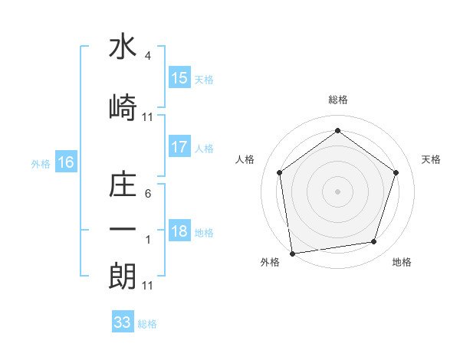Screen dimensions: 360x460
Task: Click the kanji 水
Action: (123, 47)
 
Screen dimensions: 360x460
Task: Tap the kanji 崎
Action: (123, 107)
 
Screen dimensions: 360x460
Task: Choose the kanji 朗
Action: (123, 274)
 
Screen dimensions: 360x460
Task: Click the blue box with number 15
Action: (179, 78)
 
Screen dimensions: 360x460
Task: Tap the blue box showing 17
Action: (179, 147)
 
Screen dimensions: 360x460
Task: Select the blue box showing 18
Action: (179, 231)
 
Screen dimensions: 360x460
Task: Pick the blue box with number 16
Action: (65, 162)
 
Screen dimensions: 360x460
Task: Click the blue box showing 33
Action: (123, 322)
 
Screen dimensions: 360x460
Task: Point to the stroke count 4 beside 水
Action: (147, 56)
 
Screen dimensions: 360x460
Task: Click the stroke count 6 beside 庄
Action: (147, 195)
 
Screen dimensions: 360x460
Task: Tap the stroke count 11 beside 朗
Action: (147, 286)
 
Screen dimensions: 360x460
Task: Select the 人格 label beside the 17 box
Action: (203, 149)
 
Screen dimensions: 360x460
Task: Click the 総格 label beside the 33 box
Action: (147, 324)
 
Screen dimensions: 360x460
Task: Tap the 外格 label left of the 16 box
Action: (41, 163)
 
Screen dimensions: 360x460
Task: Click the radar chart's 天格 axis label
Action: (431, 159)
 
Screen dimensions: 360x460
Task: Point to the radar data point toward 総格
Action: (337, 130)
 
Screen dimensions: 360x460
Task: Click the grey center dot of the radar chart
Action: (337, 191)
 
